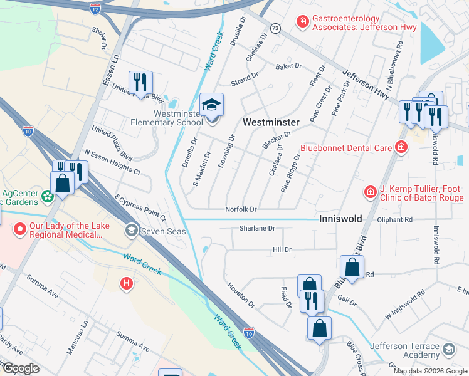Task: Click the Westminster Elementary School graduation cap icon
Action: point(211,104)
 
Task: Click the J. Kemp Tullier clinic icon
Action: point(371,191)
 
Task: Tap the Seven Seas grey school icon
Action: point(131,230)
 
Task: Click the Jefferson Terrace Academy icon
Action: point(449,349)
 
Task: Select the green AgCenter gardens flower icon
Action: point(47,197)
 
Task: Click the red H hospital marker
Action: point(127,284)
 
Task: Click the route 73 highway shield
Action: point(275,28)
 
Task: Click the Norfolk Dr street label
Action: point(241,209)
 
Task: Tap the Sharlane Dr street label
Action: point(257,229)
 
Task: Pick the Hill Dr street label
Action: point(282,249)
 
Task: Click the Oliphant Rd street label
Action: point(395,220)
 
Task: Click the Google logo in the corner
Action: point(21,368)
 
